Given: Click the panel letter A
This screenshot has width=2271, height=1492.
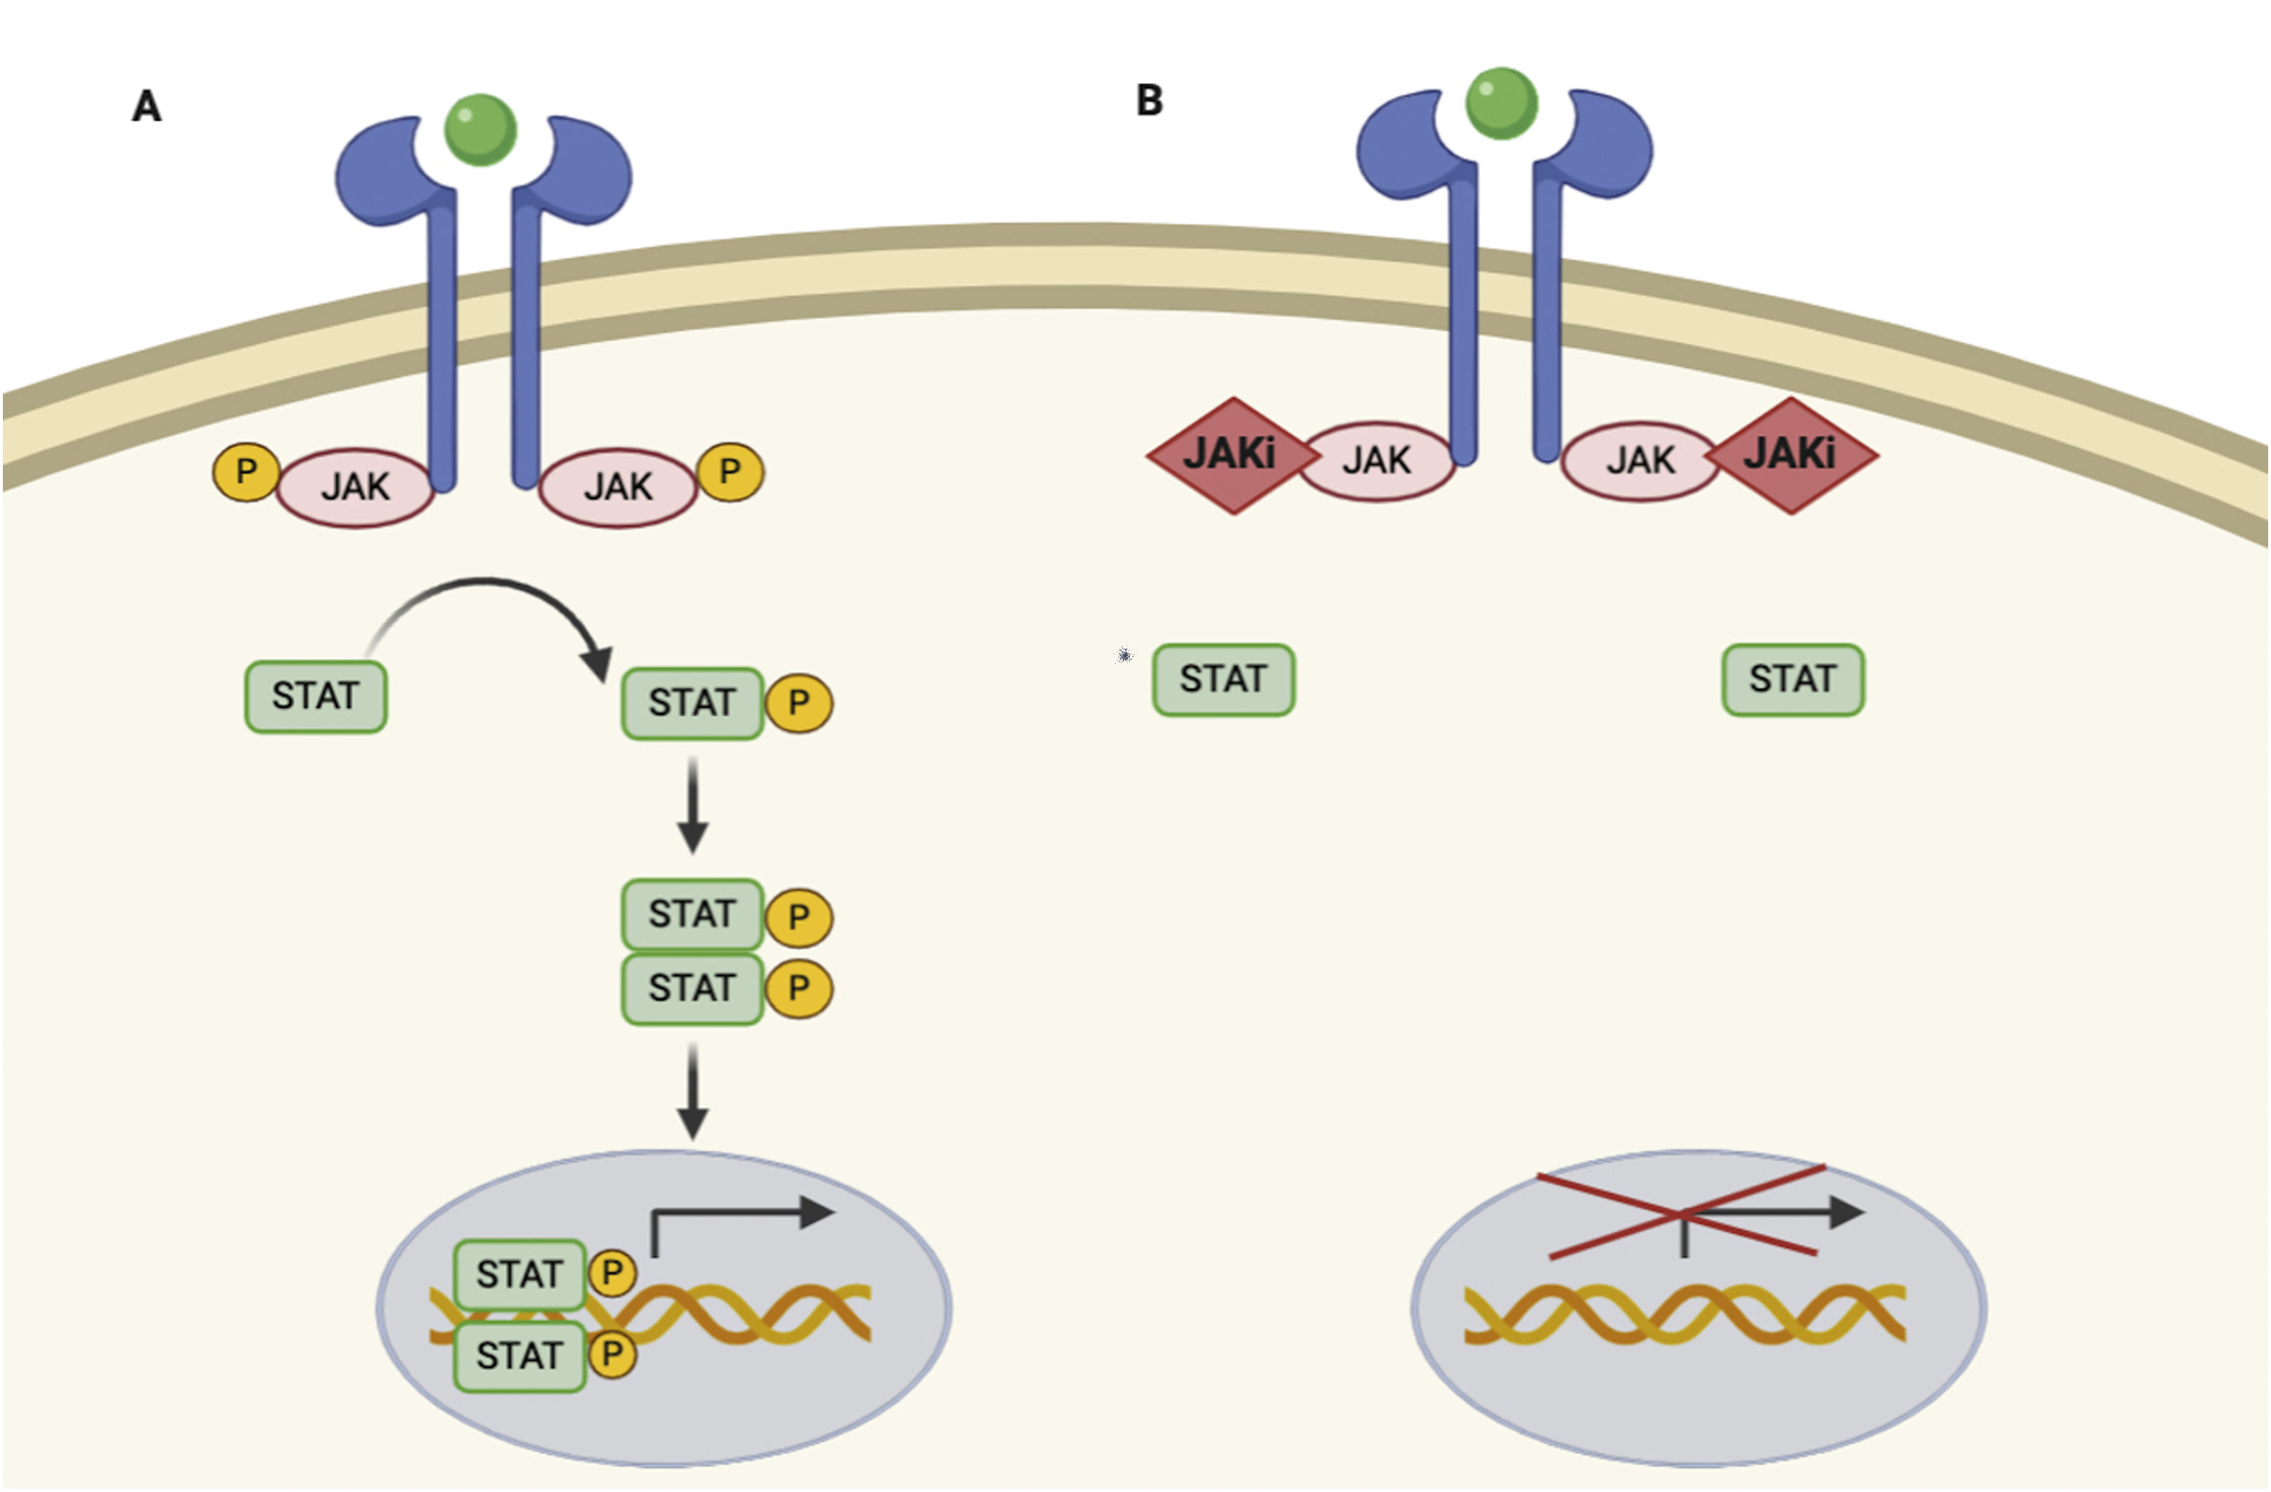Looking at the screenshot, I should point(146,106).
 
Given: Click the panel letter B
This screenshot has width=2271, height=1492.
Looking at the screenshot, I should point(1149,100).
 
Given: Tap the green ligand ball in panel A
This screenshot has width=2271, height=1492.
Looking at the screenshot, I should point(481,129).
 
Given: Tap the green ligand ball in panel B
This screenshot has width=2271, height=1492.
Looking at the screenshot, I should point(1501,103).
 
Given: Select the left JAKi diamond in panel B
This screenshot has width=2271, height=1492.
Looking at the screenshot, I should point(1230,455).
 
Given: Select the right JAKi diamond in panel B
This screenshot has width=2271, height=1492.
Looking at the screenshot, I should point(1792,455).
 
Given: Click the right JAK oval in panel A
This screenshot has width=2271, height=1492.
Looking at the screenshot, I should point(618,488).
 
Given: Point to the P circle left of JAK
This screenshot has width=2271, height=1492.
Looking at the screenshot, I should point(246,471).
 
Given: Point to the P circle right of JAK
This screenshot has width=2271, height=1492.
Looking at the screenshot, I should point(730,471).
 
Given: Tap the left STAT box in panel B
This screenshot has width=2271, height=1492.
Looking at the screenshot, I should point(1223,679).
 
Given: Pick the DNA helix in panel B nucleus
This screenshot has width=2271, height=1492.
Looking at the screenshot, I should point(1684,1315).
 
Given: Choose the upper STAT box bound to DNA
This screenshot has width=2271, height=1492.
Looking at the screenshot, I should point(519,1275).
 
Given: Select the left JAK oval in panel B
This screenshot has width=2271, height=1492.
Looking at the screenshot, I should point(1377,461).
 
